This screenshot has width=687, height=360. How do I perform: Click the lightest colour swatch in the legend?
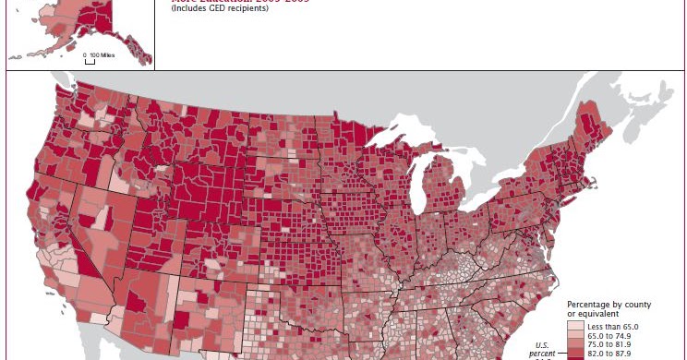[x=575, y=327]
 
